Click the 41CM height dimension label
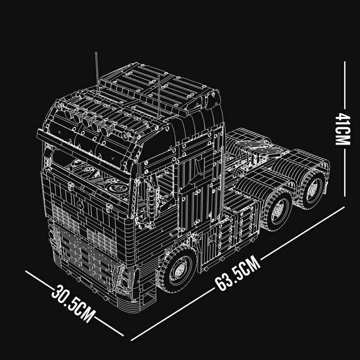(x=343, y=129)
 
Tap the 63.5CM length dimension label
(x=238, y=273)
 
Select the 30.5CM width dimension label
(x=73, y=303)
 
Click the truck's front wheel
(x=178, y=269)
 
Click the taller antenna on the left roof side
(x=97, y=72)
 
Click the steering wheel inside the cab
(x=119, y=188)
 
